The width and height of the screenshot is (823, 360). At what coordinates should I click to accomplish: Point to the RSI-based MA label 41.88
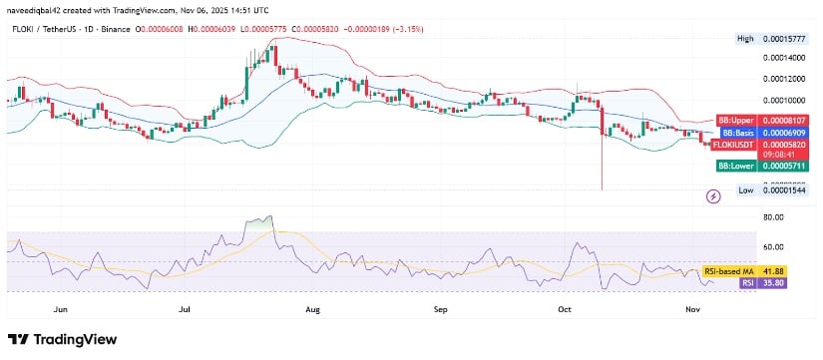(789, 270)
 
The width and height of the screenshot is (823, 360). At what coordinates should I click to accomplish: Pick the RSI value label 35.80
(789, 282)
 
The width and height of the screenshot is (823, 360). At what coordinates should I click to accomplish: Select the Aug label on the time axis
(312, 310)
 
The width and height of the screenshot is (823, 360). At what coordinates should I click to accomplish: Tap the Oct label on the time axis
(565, 310)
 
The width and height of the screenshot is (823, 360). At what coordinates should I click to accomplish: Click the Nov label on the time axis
(693, 310)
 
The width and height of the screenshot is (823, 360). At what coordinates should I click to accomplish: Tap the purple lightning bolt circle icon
(714, 196)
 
